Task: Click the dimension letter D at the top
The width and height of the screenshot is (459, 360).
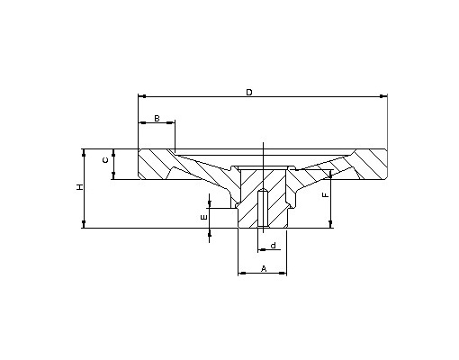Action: click(249, 93)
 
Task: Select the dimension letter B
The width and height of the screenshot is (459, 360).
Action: click(157, 119)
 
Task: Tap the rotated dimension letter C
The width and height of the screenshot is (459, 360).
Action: click(105, 160)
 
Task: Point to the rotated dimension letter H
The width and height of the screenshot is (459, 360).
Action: click(79, 187)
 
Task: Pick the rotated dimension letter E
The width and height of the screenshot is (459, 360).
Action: click(203, 217)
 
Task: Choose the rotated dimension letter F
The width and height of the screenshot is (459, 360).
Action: click(325, 195)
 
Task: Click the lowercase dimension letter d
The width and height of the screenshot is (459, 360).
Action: click(273, 246)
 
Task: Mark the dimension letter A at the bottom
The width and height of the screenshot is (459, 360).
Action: click(264, 268)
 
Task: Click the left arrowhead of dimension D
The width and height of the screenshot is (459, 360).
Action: click(142, 96)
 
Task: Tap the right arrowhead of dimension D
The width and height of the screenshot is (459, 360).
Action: click(383, 96)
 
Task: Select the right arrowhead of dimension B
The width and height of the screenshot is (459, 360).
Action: click(171, 122)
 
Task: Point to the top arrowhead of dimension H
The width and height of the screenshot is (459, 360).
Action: click(84, 152)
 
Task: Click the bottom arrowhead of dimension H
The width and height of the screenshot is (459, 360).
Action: click(84, 224)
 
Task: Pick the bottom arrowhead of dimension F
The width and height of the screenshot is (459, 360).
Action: click(330, 224)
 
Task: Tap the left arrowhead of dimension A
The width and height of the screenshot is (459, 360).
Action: click(242, 273)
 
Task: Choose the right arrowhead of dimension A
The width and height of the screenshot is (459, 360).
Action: click(283, 273)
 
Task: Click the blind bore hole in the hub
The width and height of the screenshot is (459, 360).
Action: click(263, 208)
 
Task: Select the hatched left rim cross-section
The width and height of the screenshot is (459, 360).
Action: click(156, 164)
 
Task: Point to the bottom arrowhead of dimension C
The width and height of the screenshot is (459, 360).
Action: click(113, 175)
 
